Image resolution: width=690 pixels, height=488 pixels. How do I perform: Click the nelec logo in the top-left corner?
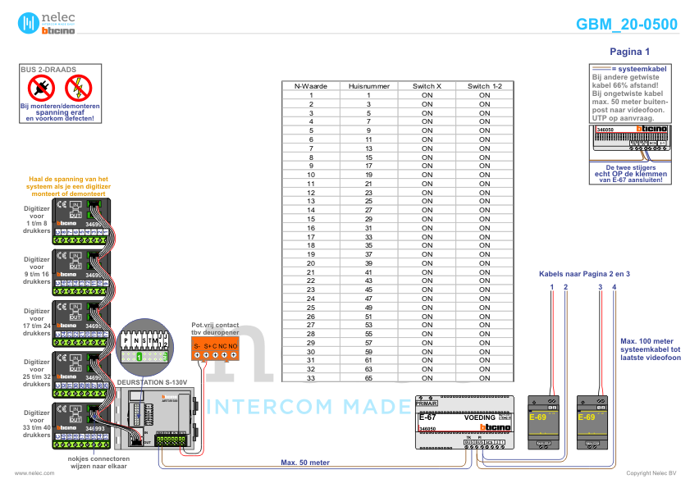50,22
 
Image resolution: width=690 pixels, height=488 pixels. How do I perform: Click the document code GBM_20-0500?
627,25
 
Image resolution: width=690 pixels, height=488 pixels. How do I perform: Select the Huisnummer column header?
368,86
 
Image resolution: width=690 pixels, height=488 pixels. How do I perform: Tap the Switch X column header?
427,86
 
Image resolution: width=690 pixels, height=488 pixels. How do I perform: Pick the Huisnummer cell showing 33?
368,236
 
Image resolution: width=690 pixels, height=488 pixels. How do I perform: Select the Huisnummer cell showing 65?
368,378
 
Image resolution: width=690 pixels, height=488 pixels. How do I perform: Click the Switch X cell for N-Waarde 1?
427,95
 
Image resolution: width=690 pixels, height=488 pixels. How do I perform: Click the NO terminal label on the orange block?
233,346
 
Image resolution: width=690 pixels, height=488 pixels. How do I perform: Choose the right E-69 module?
592,422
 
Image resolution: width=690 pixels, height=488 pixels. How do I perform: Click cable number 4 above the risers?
614,285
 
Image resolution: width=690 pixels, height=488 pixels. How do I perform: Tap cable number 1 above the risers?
552,285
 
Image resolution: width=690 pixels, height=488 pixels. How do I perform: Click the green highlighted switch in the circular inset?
139,358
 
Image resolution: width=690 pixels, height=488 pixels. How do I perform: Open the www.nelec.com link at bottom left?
34,473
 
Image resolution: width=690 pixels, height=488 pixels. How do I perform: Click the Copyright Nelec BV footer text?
651,473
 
